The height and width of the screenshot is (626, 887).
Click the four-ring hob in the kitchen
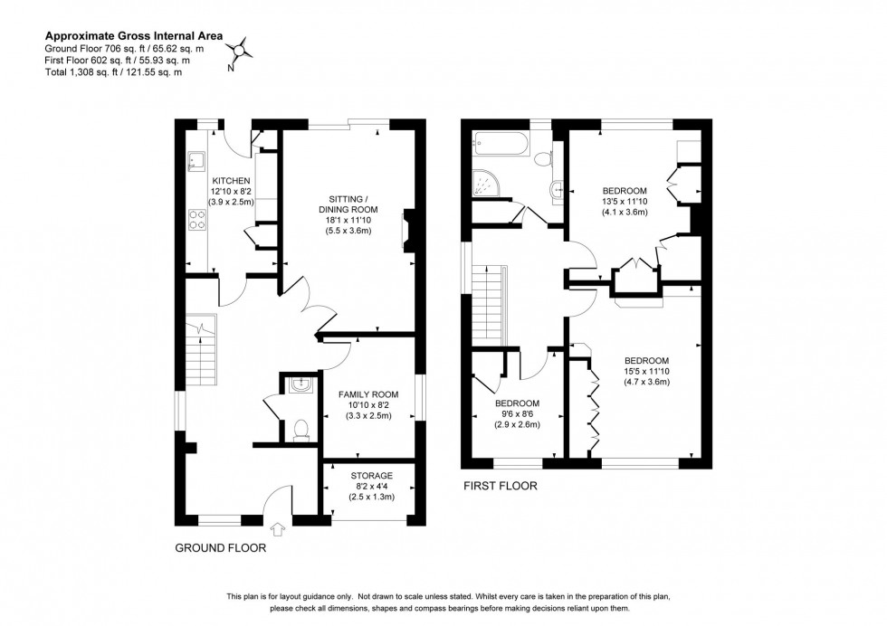click(x=196, y=219)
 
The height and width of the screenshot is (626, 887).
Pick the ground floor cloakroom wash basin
click(x=300, y=386)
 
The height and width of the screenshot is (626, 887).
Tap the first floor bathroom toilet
click(x=544, y=159)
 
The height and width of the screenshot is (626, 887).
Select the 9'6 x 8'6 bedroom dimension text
click(x=517, y=413)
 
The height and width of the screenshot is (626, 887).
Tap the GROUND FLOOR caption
click(x=220, y=547)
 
